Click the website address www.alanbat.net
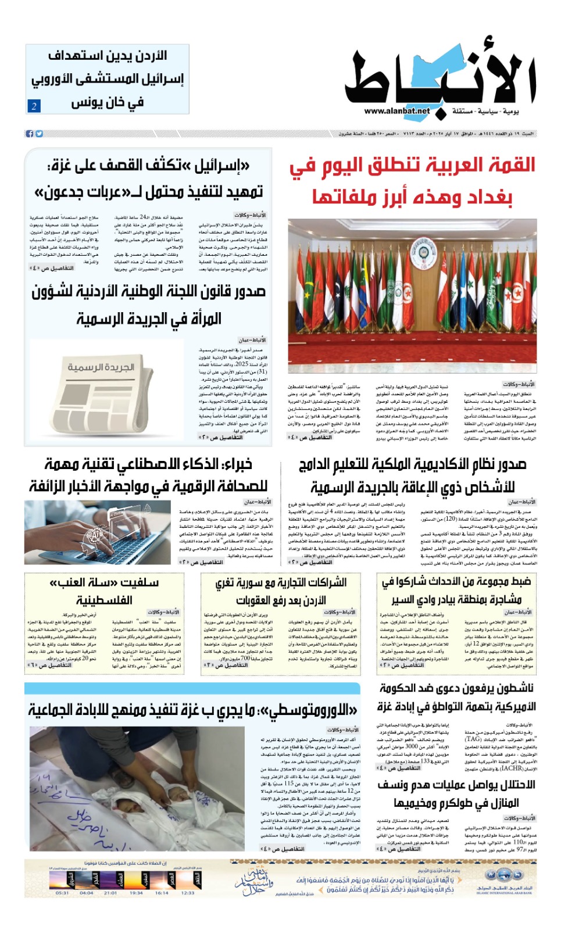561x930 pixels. click(x=397, y=111)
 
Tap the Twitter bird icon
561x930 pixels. click(x=39, y=134)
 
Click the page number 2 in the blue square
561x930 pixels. click(x=34, y=106)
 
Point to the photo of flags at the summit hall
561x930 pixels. click(x=412, y=296)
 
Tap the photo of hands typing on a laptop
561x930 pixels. click(x=98, y=533)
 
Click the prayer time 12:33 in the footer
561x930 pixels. click(x=188, y=893)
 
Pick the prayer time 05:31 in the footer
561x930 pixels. click(x=62, y=893)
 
